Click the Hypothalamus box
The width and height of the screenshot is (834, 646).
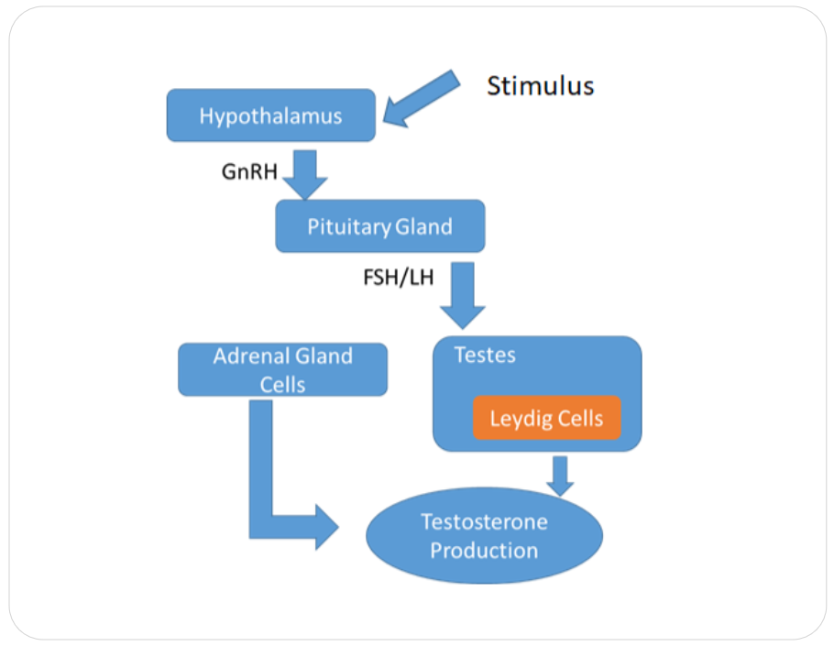[270, 115]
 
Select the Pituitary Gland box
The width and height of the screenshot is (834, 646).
[379, 226]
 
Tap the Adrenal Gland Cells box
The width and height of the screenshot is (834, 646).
[282, 369]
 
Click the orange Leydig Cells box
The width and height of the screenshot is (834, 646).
[546, 419]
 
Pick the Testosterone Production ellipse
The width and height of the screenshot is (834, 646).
[484, 536]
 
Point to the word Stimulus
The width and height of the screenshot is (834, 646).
[540, 86]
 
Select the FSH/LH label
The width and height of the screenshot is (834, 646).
[399, 277]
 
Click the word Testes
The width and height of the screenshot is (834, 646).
[485, 355]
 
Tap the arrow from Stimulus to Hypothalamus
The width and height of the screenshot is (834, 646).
[422, 98]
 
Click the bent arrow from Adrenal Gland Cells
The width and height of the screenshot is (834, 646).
[275, 513]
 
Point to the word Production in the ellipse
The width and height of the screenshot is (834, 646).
[484, 551]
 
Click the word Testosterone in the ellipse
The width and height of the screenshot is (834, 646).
[484, 522]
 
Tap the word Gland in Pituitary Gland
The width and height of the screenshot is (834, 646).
[423, 226]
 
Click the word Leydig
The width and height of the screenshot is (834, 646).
[518, 420]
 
